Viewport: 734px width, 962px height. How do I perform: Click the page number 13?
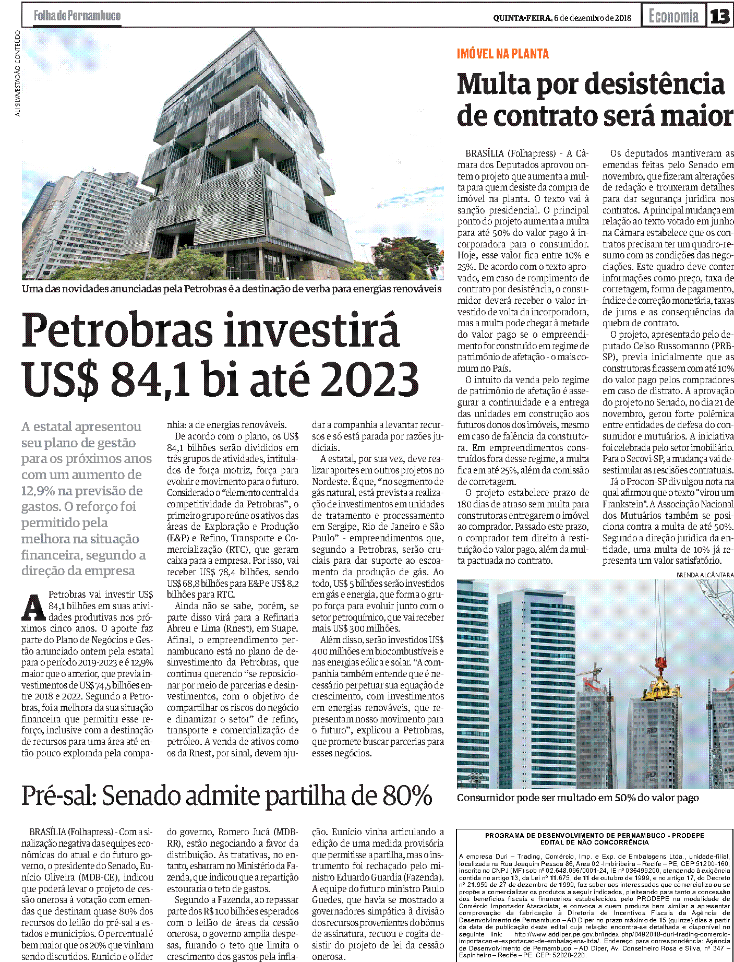tap(720, 16)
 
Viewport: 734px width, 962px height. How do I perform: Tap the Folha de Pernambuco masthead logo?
tap(77, 16)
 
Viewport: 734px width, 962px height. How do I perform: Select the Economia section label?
tap(673, 16)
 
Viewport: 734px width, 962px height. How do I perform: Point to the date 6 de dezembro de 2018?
tap(593, 18)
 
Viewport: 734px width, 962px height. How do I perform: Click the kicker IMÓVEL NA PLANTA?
tap(502, 54)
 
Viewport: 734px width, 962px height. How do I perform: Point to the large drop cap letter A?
tap(33, 607)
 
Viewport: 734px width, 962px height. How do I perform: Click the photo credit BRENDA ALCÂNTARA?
tap(705, 575)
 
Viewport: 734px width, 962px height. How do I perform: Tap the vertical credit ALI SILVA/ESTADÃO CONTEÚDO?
tap(18, 73)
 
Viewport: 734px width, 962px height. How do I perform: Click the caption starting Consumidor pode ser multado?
tap(577, 798)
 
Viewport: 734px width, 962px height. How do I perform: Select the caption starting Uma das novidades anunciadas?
tap(232, 289)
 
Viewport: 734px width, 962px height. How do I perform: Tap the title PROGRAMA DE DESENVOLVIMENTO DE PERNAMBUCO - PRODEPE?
tap(594, 836)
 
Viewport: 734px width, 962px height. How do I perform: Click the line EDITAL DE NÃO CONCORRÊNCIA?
tap(594, 842)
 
